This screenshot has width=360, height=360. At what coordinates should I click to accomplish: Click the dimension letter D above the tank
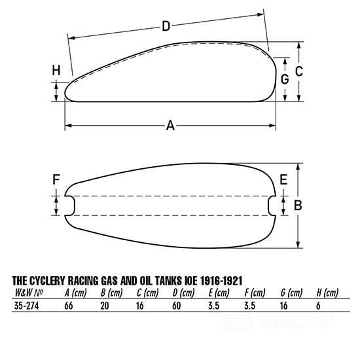click(x=166, y=26)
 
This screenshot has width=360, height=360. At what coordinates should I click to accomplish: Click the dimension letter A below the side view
click(x=170, y=126)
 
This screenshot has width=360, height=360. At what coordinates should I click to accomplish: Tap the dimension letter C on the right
click(x=299, y=71)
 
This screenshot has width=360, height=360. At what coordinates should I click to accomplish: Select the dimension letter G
click(x=285, y=79)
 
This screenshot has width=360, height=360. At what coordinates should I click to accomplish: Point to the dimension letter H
click(x=56, y=70)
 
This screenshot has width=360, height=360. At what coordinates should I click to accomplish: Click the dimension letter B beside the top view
click(x=298, y=206)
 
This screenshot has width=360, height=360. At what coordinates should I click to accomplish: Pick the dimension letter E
click(x=283, y=179)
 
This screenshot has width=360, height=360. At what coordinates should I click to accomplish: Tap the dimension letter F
click(x=56, y=179)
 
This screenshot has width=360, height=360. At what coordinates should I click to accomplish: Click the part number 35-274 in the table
click(x=26, y=306)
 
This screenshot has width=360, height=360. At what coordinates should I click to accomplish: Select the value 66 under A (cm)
click(x=69, y=306)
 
